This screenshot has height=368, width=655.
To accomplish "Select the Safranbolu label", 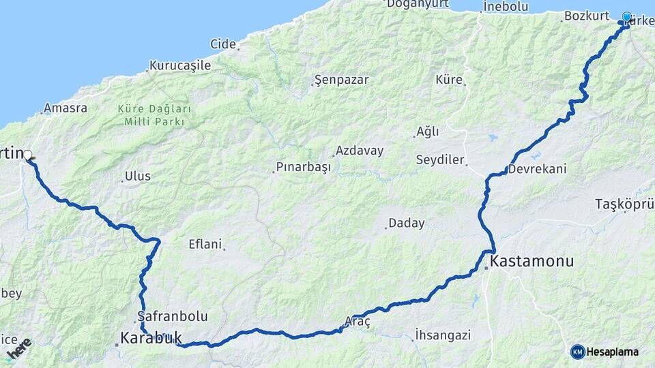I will (x=173, y=316).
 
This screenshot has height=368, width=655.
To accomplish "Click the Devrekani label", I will (x=538, y=168).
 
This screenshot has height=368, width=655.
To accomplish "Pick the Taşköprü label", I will (x=624, y=204).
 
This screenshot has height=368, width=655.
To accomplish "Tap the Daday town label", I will (x=407, y=223).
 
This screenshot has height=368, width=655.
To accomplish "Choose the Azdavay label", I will (x=359, y=151).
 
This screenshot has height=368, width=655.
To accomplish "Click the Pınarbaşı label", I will (x=304, y=167).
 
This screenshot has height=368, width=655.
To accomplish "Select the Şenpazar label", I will (x=342, y=80).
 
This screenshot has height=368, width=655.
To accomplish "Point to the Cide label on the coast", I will (x=223, y=44).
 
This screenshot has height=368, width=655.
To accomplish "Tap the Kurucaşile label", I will (x=181, y=66).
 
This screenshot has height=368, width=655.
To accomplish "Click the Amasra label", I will (x=65, y=108).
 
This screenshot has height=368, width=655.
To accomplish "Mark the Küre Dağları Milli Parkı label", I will (x=154, y=114).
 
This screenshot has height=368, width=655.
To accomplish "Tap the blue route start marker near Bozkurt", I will (x=626, y=17).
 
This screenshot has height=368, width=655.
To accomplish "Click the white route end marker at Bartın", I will (x=29, y=155).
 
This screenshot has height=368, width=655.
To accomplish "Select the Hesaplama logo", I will (x=605, y=352).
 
